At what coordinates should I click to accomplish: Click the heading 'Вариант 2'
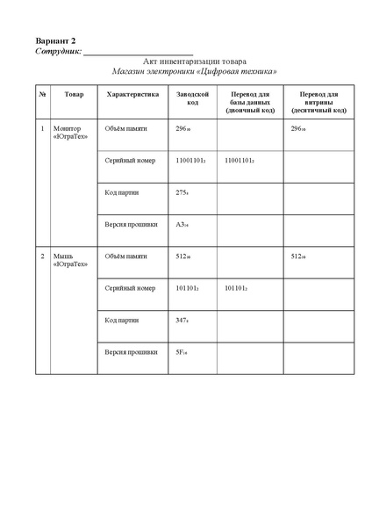(56, 41)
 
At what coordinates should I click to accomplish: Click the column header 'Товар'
(75, 94)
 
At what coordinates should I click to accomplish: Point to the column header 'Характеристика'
(132, 94)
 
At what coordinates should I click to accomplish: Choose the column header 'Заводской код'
(191, 98)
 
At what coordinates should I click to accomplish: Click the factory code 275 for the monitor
(182, 192)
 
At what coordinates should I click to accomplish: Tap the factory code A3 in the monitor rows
(182, 224)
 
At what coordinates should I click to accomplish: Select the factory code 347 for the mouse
(182, 321)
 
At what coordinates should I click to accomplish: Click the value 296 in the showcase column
(300, 129)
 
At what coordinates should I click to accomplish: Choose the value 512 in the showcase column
(300, 256)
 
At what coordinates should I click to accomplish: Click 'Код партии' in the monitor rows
(122, 192)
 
